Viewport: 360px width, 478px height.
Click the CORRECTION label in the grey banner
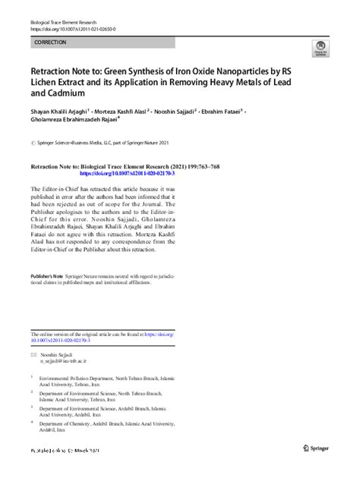pos(50,42)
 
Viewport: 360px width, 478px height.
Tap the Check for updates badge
pos(321,50)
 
